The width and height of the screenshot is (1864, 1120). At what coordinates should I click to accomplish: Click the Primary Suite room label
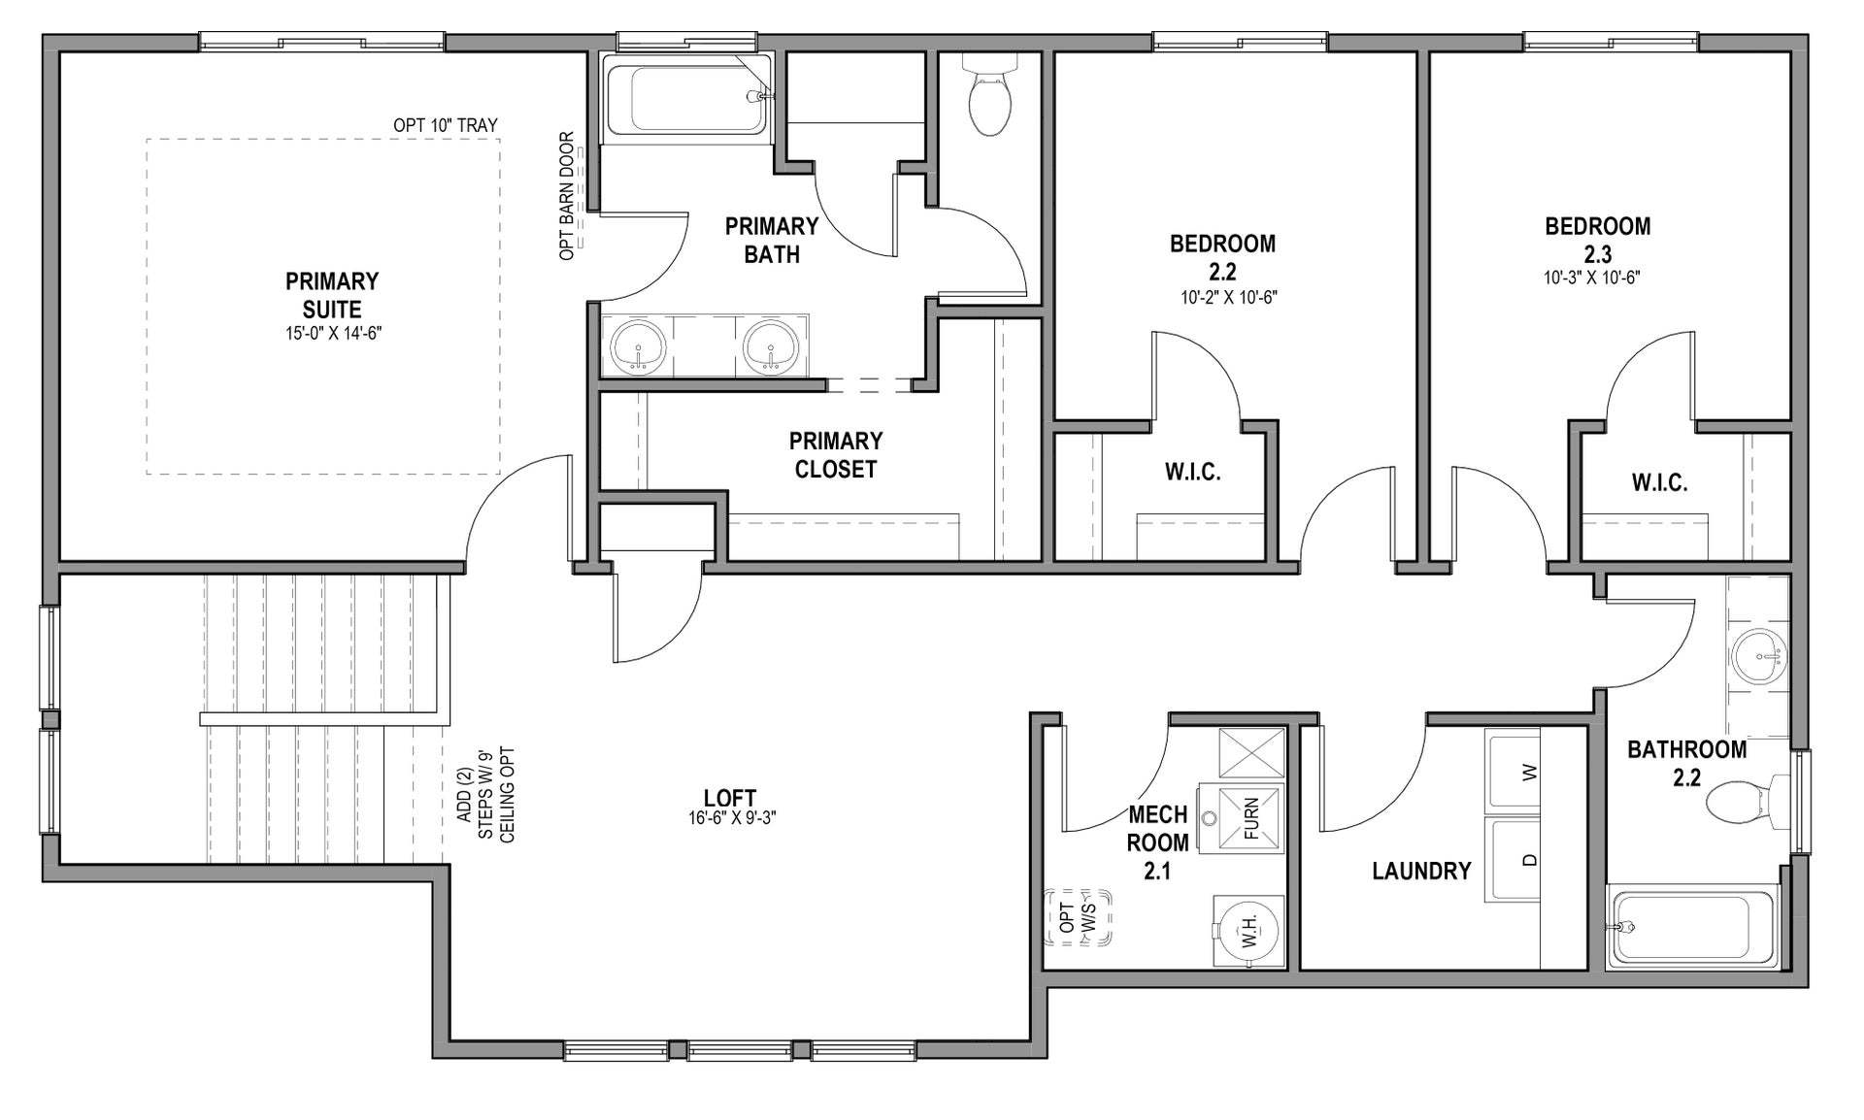pyautogui.click(x=331, y=296)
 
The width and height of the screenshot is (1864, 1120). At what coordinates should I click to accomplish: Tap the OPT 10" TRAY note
pyautogui.click(x=445, y=125)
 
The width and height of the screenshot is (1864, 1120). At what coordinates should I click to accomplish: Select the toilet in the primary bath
pyautogui.click(x=989, y=97)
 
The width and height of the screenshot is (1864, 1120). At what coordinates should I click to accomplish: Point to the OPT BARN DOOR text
pyautogui.click(x=567, y=196)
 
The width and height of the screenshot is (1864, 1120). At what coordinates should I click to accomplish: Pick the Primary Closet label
pyautogui.click(x=835, y=455)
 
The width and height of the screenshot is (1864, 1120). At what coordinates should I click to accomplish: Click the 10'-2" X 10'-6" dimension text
pyautogui.click(x=1228, y=298)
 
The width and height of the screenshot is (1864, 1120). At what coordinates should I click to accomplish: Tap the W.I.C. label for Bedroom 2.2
pyautogui.click(x=1192, y=473)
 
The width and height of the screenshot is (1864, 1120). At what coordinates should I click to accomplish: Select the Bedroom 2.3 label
pyautogui.click(x=1597, y=240)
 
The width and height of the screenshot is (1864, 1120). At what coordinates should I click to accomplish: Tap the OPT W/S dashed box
pyautogui.click(x=1078, y=918)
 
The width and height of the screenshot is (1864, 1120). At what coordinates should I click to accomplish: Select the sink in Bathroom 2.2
pyautogui.click(x=1758, y=657)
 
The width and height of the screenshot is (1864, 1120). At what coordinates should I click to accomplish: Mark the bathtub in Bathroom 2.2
pyautogui.click(x=1691, y=927)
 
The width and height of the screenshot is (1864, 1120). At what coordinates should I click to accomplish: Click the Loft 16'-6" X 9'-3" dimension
pyautogui.click(x=731, y=818)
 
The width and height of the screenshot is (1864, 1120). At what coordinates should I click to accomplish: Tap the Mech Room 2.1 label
pyautogui.click(x=1157, y=841)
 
